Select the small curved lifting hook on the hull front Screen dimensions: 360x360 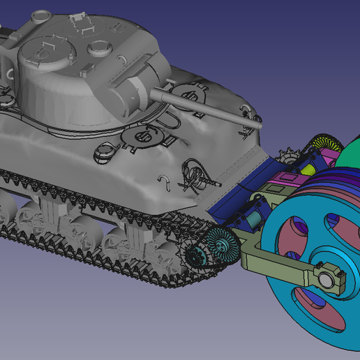(165, 181)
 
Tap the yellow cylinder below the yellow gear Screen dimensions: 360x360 (308, 168)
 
